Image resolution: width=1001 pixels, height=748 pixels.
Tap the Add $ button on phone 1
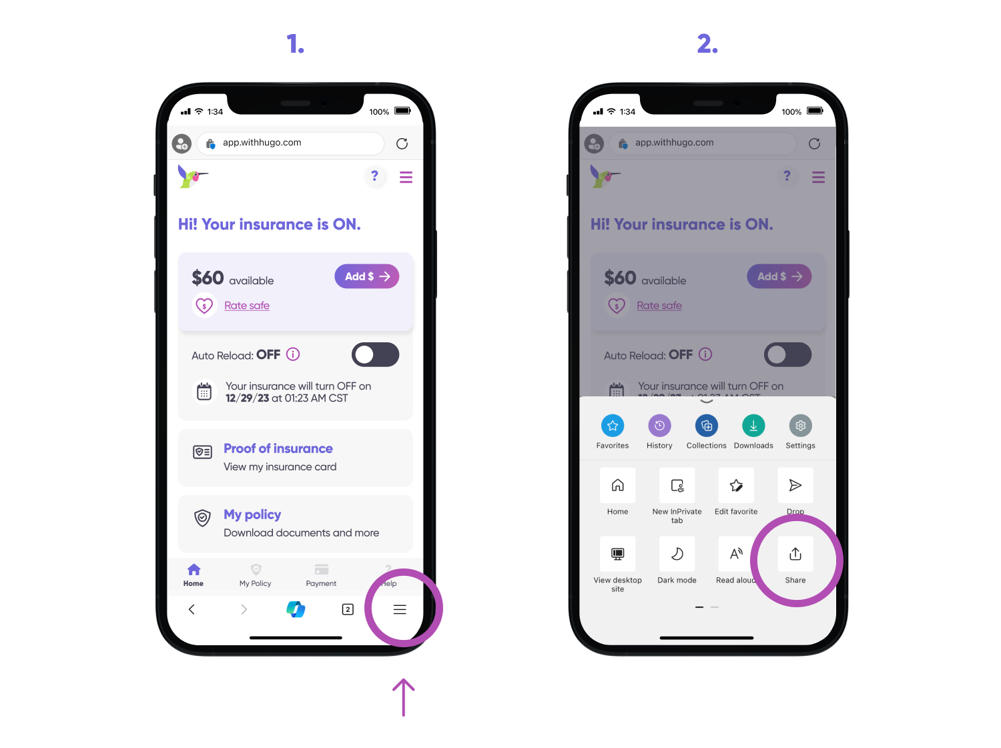[366, 276]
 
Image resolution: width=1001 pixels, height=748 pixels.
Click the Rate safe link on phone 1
[246, 306]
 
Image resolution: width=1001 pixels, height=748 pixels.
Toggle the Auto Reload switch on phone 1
[375, 355]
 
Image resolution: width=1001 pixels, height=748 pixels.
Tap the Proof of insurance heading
[278, 448]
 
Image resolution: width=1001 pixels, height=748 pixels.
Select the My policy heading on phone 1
[252, 514]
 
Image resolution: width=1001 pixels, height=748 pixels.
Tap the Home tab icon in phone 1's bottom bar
[194, 569]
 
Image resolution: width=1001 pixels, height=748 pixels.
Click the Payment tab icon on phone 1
[321, 569]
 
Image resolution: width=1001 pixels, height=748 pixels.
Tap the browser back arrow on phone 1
[192, 609]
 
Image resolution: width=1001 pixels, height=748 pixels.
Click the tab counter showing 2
[348, 609]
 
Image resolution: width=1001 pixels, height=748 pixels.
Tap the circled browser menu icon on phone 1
[400, 609]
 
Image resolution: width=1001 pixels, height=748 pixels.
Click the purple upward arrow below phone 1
[403, 697]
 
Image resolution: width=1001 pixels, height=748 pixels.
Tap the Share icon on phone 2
[795, 554]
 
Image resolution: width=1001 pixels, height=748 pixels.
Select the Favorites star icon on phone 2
[613, 426]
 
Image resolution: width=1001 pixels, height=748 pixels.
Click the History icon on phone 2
[659, 426]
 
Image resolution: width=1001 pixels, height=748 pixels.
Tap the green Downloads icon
[753, 426]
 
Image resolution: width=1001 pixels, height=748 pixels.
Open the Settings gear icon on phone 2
[800, 426]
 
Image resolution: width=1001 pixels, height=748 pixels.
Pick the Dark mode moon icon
[677, 554]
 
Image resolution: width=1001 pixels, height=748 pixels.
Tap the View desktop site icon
[618, 554]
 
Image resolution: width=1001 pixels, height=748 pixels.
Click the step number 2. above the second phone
[707, 44]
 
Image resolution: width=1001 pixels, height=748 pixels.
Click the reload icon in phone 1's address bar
[402, 143]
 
